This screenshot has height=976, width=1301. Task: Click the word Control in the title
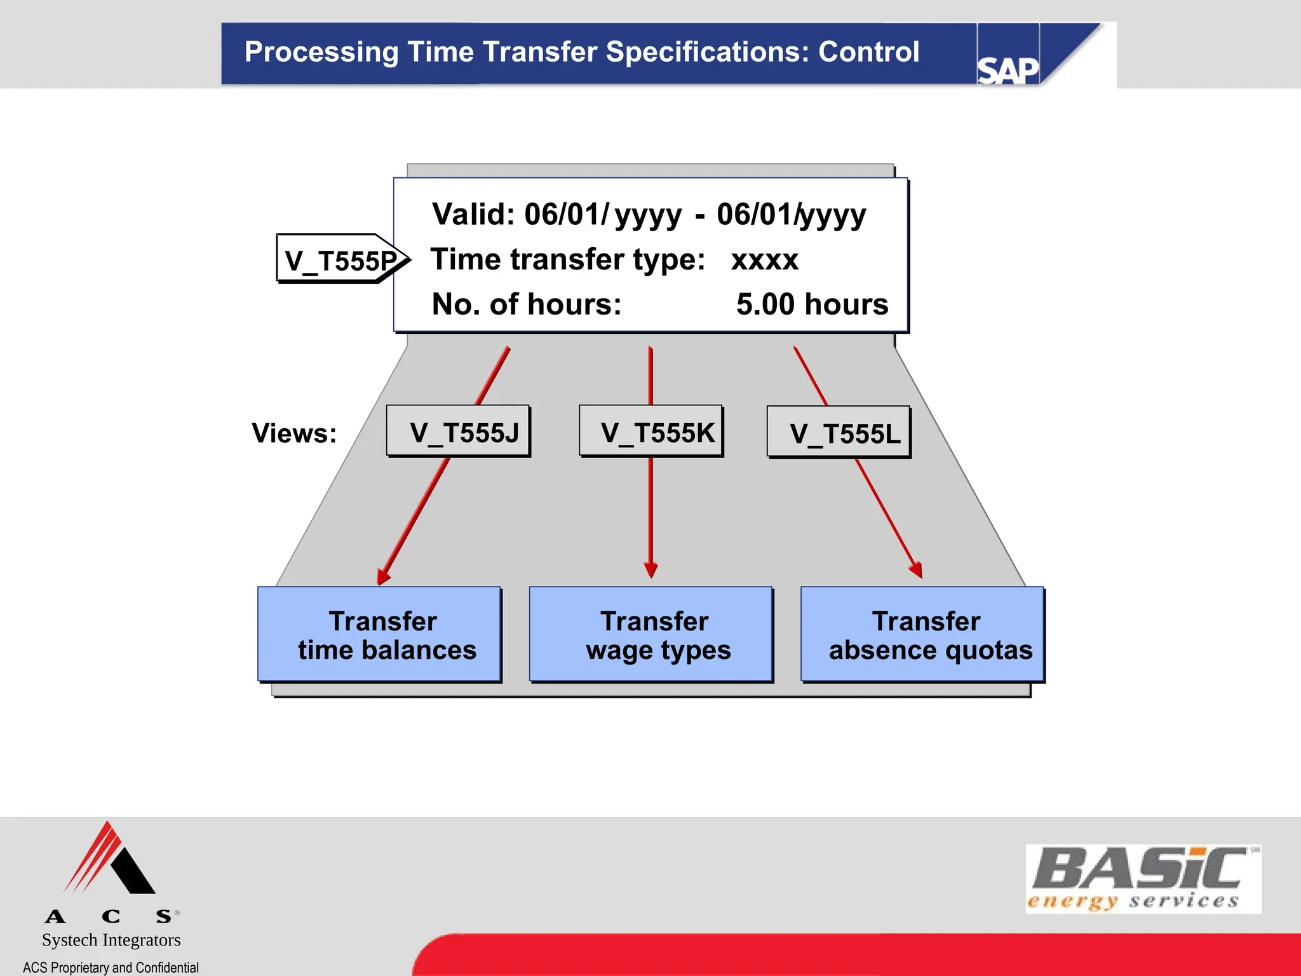(868, 52)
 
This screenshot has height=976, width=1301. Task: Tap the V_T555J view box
(458, 432)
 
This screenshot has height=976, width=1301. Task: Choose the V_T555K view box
(651, 432)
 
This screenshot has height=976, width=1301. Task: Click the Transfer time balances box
(379, 635)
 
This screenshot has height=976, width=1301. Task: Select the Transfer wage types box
(651, 635)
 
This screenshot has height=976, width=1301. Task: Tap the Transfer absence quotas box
(922, 635)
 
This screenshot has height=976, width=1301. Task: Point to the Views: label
(294, 433)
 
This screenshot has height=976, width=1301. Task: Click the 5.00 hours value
(812, 304)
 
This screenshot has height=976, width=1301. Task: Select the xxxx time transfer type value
(764, 260)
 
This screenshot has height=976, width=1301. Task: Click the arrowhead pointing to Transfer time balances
(383, 576)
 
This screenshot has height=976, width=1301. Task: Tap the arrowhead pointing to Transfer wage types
(650, 570)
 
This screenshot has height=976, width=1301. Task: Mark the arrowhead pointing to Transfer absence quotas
(915, 569)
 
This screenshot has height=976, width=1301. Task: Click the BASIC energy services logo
(1143, 878)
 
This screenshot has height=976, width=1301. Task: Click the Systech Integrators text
(111, 940)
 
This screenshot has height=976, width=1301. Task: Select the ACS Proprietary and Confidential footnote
(111, 967)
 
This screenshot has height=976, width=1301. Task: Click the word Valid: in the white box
(473, 215)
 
